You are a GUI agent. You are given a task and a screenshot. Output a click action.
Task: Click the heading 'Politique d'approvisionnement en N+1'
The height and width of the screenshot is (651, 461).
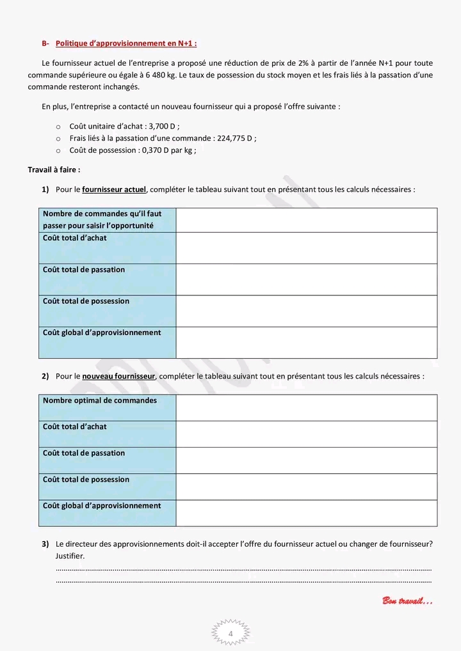(x=126, y=43)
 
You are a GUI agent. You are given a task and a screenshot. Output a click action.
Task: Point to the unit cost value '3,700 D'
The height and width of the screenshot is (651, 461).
(x=163, y=127)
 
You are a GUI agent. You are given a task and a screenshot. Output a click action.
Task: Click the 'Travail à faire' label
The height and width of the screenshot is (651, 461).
(x=54, y=169)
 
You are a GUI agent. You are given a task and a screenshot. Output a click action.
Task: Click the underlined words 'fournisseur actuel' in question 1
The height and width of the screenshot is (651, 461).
(x=114, y=189)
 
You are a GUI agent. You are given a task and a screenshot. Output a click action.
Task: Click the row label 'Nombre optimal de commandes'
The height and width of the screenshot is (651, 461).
(x=100, y=401)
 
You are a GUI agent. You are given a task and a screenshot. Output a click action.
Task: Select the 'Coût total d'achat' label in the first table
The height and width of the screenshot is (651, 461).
(x=75, y=239)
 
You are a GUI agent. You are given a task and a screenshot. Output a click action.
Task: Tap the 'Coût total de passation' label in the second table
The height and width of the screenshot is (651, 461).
(x=84, y=453)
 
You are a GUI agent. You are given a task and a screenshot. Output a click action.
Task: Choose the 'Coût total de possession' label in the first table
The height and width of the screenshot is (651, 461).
(x=86, y=301)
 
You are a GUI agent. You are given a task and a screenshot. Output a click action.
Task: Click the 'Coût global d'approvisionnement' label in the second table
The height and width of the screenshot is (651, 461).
(x=102, y=506)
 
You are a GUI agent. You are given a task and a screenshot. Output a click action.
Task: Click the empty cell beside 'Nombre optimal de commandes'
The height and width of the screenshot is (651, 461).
(x=306, y=408)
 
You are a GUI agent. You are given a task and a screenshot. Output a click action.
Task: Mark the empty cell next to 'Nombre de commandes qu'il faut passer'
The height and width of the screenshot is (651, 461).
(x=306, y=220)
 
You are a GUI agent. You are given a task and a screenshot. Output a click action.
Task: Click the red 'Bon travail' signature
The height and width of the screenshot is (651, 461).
(x=407, y=600)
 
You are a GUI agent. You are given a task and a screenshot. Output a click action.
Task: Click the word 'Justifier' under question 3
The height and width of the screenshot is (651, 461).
(x=70, y=556)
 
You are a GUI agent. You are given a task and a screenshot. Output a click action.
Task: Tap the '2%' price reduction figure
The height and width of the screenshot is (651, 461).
(x=303, y=63)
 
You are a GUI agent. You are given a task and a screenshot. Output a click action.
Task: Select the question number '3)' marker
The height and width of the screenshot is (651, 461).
(x=45, y=544)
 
